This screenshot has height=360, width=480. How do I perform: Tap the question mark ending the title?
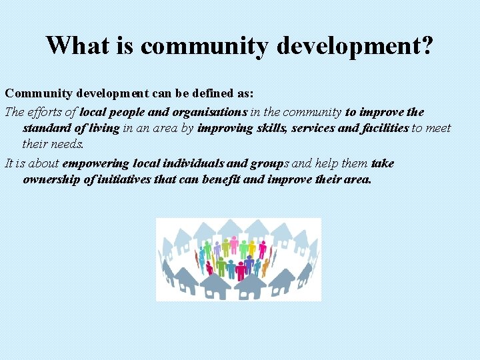pos(427,45)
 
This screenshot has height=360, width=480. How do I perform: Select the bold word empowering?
pos(96,163)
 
